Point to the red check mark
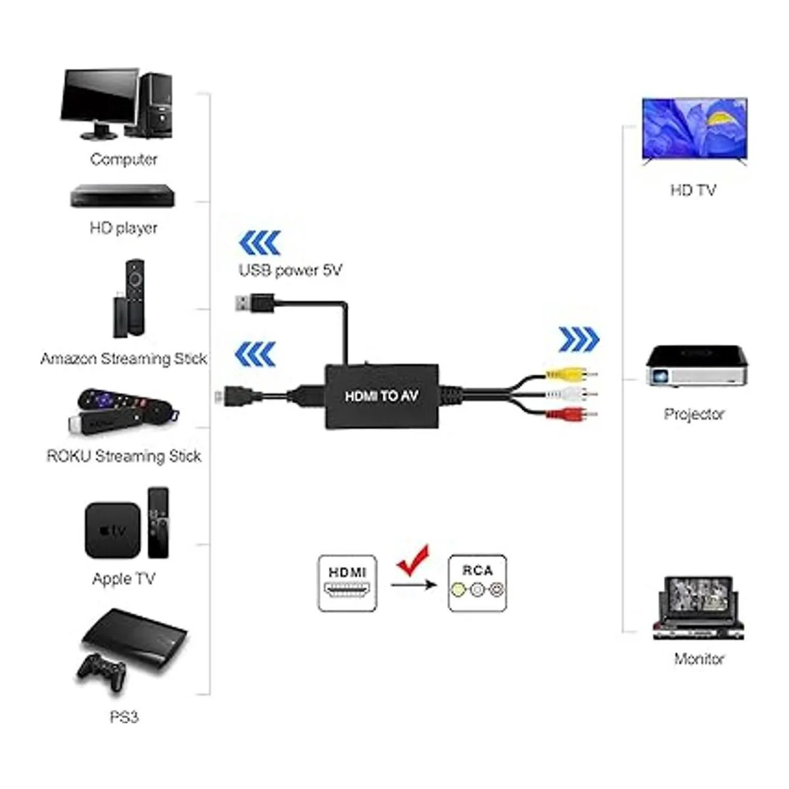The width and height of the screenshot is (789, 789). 414,561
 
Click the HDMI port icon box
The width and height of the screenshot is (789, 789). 347,583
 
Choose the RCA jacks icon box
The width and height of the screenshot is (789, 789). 477,583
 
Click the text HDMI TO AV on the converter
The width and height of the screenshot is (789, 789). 381,396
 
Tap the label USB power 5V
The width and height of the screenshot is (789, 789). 290,270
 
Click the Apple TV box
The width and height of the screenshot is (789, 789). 112,530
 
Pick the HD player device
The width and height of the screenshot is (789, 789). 123,196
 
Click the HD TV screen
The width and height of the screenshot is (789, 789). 694,128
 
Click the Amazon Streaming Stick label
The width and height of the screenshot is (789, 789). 124,358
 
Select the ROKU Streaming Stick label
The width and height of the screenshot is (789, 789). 124,456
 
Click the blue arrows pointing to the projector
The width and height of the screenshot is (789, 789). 579,339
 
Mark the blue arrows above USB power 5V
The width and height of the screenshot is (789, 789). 259,243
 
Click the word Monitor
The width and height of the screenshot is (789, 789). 699,658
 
